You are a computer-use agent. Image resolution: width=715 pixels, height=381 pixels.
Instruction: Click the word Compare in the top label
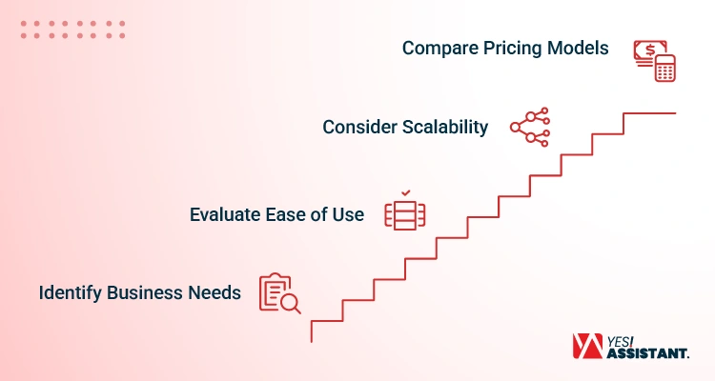(440, 49)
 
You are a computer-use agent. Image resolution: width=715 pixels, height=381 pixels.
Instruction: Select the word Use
(348, 214)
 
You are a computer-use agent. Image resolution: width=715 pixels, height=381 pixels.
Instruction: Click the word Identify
(70, 293)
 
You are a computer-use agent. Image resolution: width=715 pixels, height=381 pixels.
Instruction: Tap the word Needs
(214, 292)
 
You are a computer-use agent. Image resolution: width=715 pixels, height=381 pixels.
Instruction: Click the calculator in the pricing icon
(665, 68)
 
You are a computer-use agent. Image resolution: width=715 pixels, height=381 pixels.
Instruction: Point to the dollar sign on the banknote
(650, 50)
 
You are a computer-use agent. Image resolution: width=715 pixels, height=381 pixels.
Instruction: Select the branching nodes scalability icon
(530, 127)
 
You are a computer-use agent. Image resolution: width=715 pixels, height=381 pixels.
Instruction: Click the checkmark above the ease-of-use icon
(406, 193)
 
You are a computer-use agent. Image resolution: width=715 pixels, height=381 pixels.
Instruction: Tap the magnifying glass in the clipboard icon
(291, 303)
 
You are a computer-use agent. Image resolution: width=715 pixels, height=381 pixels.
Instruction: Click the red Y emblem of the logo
(588, 347)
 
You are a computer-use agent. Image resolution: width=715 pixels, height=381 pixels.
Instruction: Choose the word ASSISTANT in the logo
(647, 353)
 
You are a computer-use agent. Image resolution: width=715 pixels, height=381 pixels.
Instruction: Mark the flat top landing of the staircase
(649, 113)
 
